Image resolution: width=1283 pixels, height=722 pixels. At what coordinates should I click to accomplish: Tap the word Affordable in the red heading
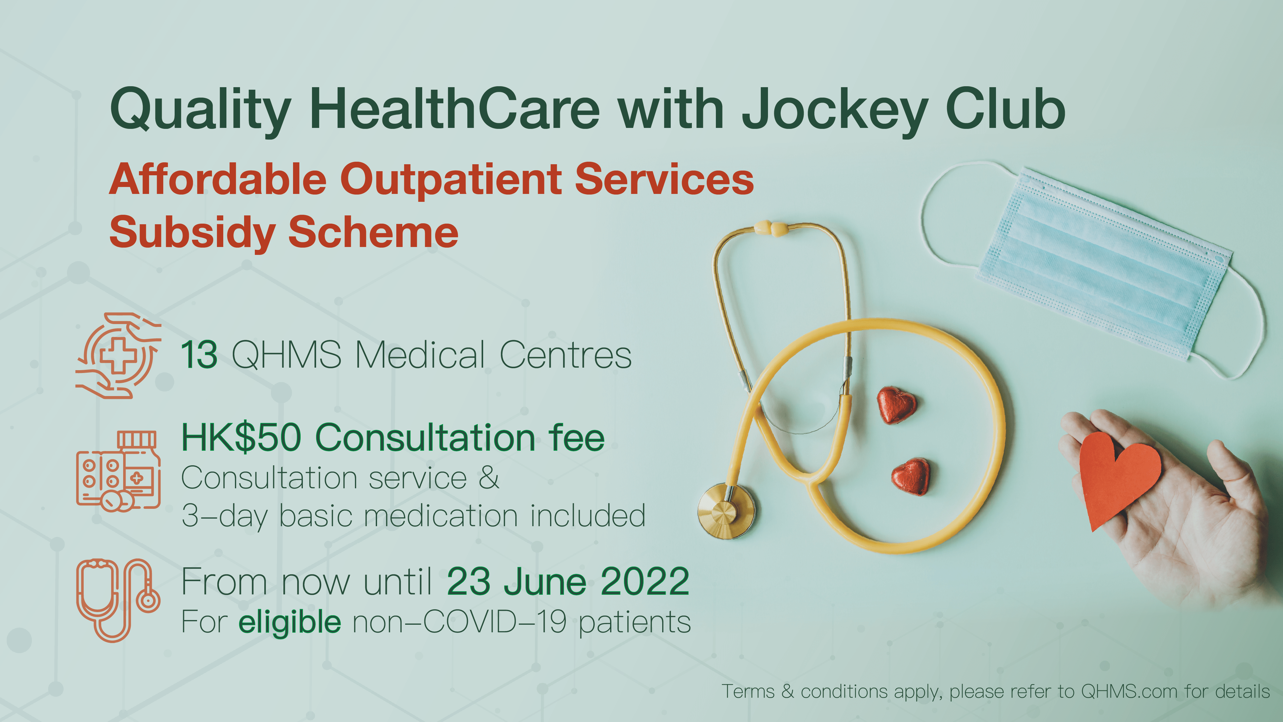218,179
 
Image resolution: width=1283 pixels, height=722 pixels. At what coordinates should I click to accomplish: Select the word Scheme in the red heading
373,232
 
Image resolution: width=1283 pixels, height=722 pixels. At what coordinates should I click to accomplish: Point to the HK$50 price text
242,437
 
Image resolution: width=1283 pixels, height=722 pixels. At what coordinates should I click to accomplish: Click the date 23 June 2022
568,581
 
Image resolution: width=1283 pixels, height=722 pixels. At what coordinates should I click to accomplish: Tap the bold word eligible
290,622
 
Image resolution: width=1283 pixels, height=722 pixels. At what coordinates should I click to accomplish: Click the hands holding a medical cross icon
118,355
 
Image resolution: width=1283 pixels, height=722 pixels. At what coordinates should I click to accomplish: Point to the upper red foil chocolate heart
896,405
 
